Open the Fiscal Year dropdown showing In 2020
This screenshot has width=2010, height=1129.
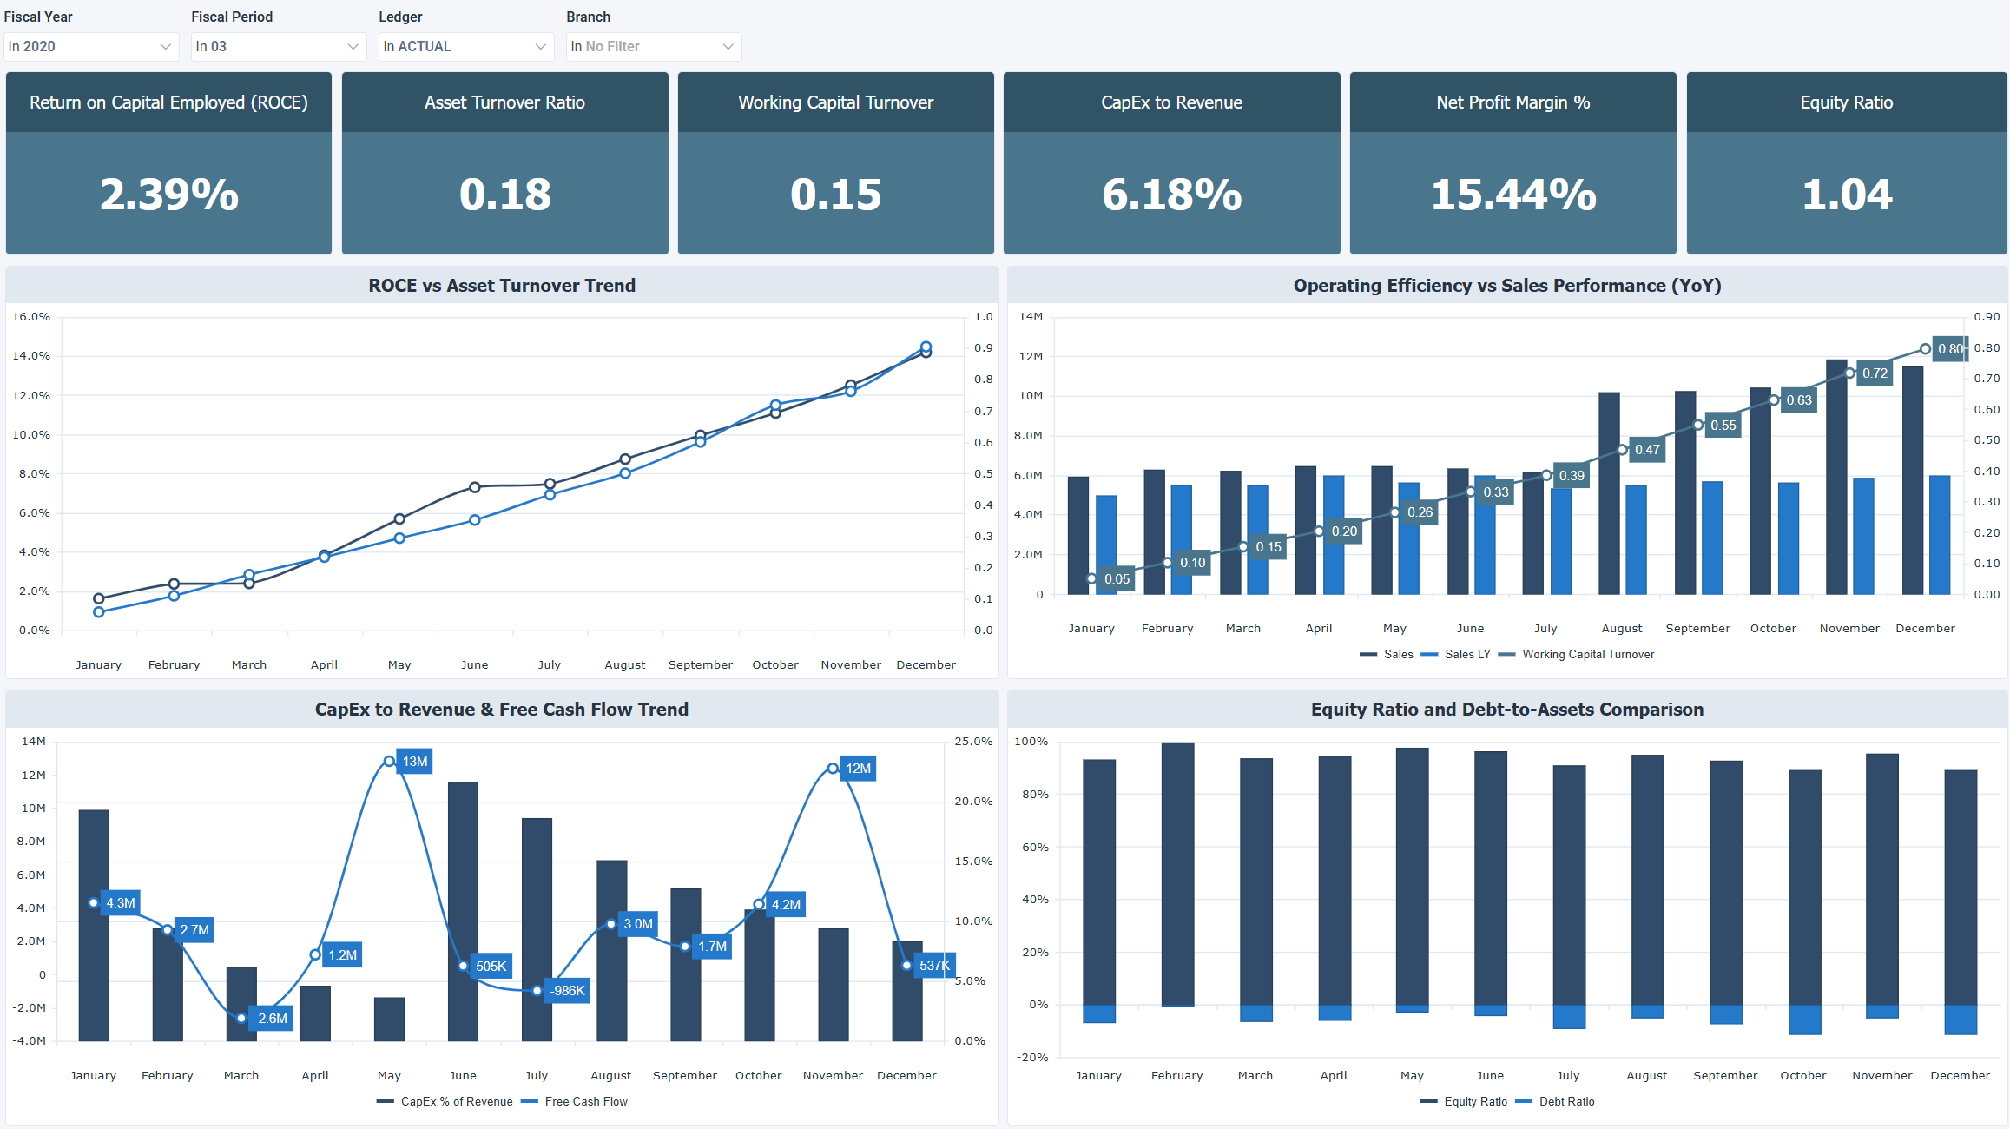pos(90,46)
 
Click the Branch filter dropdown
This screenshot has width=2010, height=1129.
pos(653,46)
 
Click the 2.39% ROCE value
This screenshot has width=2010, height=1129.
pos(169,195)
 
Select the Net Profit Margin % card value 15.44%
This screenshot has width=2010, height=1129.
pos(1512,195)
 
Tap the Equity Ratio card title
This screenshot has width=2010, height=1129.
pos(1846,102)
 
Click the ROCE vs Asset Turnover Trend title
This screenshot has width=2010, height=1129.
pos(502,286)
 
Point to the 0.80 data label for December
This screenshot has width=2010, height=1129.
pos(1950,348)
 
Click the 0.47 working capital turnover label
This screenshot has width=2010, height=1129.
pos(1647,450)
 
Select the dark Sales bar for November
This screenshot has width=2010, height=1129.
pos(1836,478)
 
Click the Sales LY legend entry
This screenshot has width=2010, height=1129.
pos(1466,654)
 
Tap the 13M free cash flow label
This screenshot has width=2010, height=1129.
pos(415,762)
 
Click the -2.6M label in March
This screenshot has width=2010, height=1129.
pos(271,1019)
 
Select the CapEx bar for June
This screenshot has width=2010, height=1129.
pos(463,912)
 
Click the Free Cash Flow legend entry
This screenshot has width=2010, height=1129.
pos(585,1101)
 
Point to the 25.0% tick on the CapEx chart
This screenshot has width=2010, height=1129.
pos(973,742)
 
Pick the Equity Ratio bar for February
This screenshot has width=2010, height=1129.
pos(1177,873)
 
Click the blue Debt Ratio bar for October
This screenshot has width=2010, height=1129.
pos(1804,1020)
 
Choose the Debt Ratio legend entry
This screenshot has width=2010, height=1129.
pos(1565,1101)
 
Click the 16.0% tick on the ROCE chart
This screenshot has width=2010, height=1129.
pos(31,317)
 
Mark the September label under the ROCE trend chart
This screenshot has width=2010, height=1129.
pos(700,664)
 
